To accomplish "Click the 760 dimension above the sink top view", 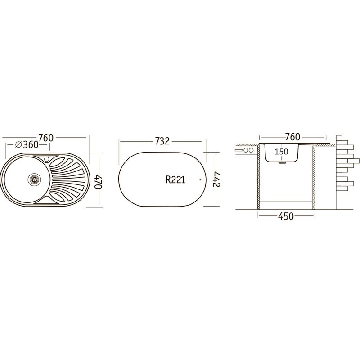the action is coord(46,138).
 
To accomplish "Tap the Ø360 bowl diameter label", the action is coord(27,144).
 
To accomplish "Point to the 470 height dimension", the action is coord(99,182).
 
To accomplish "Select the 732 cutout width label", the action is coord(162,141).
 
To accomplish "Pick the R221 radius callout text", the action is coord(175,180).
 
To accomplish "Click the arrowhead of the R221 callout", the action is coord(201,180).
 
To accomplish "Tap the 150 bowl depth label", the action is coord(281,152).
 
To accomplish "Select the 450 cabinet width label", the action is coord(286,216).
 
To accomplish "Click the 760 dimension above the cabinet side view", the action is coord(292,137).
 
